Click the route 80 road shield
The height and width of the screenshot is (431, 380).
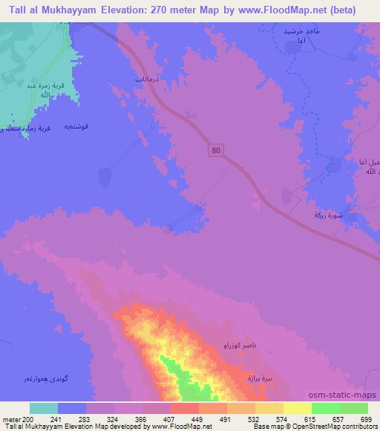click(214, 150)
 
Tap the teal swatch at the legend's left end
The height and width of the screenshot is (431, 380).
click(44, 408)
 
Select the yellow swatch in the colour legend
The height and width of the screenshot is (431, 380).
click(297, 408)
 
